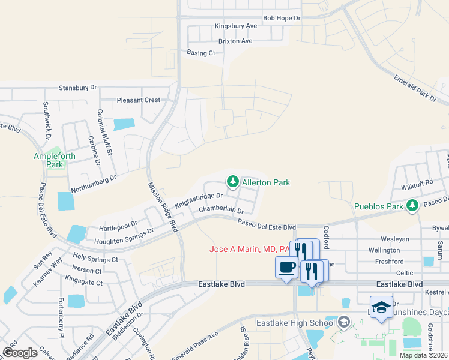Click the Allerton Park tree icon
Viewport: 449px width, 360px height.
coord(232,181)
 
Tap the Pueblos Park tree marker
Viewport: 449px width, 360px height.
coord(412,206)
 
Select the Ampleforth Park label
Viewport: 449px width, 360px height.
coord(56,160)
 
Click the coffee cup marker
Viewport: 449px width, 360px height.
coord(286,267)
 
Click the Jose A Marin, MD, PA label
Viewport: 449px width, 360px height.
coord(250,249)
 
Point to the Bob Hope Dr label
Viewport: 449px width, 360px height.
coord(281,19)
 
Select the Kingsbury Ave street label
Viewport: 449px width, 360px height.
coord(236,26)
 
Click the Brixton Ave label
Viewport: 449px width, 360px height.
coord(235,41)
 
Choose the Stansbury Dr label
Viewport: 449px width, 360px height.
coord(77,88)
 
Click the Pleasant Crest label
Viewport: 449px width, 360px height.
coord(139,100)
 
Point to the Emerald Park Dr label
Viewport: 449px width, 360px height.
coord(415,87)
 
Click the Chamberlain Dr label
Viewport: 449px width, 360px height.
coord(221,211)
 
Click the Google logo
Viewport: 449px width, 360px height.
coord(20,353)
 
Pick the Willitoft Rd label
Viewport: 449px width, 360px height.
coord(418,182)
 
